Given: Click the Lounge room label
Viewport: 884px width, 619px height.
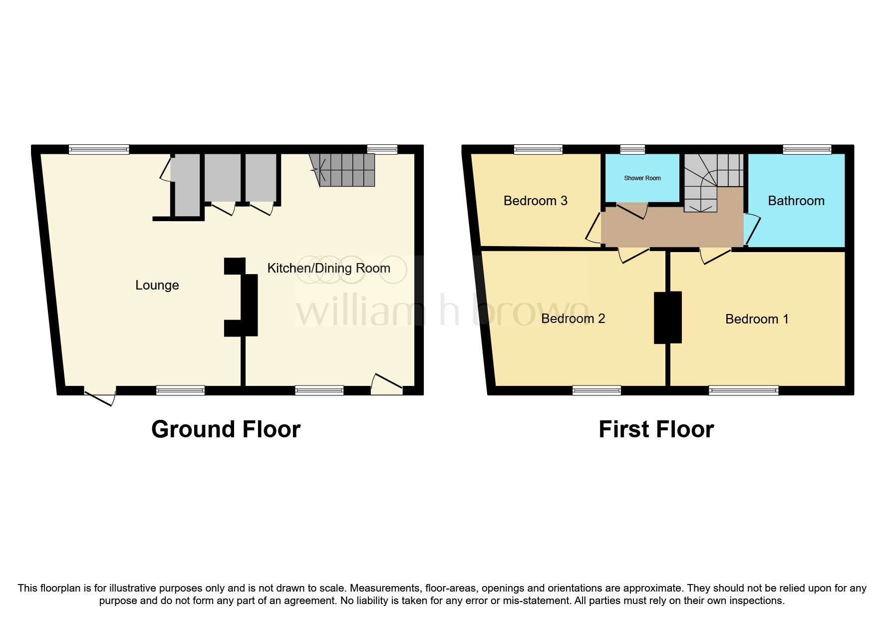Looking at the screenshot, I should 157,285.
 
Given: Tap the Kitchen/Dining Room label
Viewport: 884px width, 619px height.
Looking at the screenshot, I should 328,268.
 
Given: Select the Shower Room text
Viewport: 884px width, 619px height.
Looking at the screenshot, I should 642,178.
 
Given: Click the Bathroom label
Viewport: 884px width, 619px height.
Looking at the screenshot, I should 796,201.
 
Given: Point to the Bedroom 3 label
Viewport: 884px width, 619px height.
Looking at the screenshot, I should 535,201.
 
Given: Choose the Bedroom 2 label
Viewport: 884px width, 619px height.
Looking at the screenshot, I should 573,318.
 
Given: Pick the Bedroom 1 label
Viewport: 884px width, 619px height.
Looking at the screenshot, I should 757,319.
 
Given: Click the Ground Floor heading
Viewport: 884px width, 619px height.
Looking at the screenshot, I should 226,429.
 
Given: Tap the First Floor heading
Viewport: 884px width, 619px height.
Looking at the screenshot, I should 656,429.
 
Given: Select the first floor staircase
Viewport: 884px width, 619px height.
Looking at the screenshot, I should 709,180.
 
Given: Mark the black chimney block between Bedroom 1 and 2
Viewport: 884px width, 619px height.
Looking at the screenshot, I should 668,317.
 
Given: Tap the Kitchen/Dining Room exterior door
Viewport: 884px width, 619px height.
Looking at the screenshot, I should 387,383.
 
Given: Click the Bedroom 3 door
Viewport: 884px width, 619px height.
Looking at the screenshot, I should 594,228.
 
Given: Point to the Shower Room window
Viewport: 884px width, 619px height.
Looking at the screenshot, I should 632,149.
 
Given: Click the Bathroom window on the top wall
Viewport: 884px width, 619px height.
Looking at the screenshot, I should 807,149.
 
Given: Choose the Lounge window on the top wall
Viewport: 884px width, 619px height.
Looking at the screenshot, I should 99,149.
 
